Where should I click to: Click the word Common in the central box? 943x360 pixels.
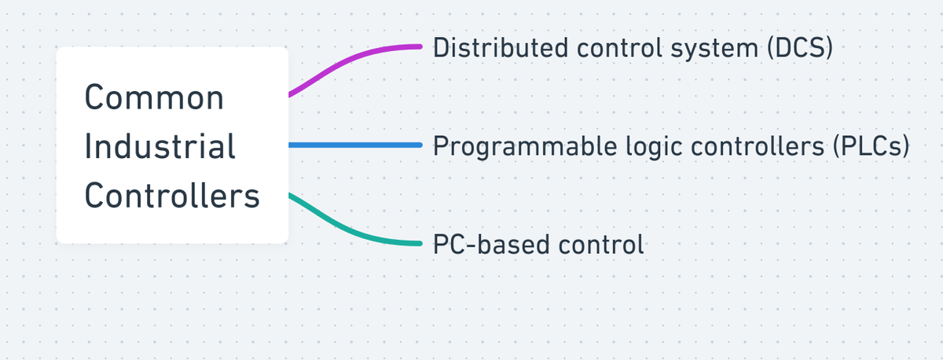(154, 97)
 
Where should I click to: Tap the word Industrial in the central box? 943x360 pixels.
(160, 146)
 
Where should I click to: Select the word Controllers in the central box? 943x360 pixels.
(172, 195)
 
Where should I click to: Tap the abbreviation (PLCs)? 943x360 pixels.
(871, 146)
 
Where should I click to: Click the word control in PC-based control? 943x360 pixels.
(601, 244)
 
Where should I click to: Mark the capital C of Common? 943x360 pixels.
(95, 97)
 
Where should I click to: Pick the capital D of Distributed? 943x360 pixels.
(441, 47)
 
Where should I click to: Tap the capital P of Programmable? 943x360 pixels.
(441, 146)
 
